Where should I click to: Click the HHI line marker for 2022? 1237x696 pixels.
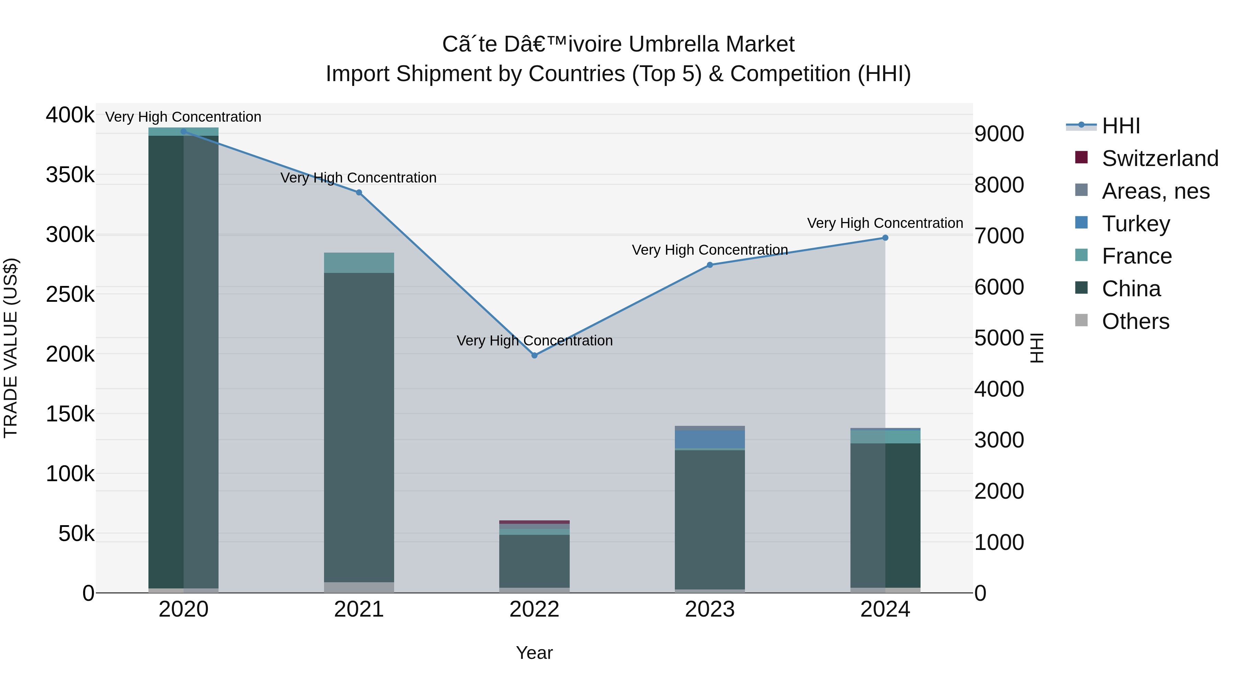(534, 355)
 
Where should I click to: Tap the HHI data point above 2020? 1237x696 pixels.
(183, 131)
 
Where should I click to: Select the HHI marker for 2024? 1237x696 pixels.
(885, 238)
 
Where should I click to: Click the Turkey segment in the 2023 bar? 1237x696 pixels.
(710, 439)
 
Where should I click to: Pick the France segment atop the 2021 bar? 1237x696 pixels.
(359, 263)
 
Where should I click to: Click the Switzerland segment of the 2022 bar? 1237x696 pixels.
(534, 522)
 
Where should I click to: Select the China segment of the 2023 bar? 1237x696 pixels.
(710, 519)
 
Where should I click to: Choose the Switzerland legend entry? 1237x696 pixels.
(1160, 158)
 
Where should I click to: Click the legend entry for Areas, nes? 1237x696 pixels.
(1155, 191)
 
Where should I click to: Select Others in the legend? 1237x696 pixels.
(1135, 321)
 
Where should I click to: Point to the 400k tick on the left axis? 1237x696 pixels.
(70, 115)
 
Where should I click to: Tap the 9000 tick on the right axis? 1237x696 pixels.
(999, 134)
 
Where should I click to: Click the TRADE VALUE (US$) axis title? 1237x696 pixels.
(11, 348)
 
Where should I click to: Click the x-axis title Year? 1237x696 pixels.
(534, 653)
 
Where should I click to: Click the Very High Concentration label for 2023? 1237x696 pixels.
(710, 250)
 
